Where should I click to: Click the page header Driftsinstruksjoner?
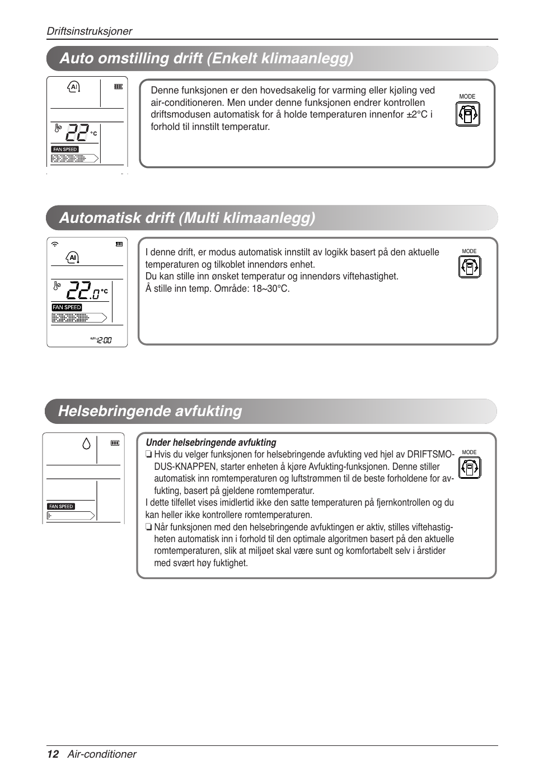89,31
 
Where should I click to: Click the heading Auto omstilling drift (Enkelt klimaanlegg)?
206,59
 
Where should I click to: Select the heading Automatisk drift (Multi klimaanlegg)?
187,218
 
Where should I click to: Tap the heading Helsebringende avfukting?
150,411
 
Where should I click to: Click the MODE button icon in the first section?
467,114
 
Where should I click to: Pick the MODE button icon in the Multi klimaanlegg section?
469,267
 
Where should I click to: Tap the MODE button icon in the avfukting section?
469,468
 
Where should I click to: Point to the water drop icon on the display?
86,444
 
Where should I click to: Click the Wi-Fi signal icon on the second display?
55,244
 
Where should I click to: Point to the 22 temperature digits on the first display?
77,133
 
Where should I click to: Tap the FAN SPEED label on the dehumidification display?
61,506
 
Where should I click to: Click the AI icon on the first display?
73,87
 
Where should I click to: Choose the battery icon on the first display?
118,87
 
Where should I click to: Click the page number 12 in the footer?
53,754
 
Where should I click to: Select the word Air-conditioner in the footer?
102,754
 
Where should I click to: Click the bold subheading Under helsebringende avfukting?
211,442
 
